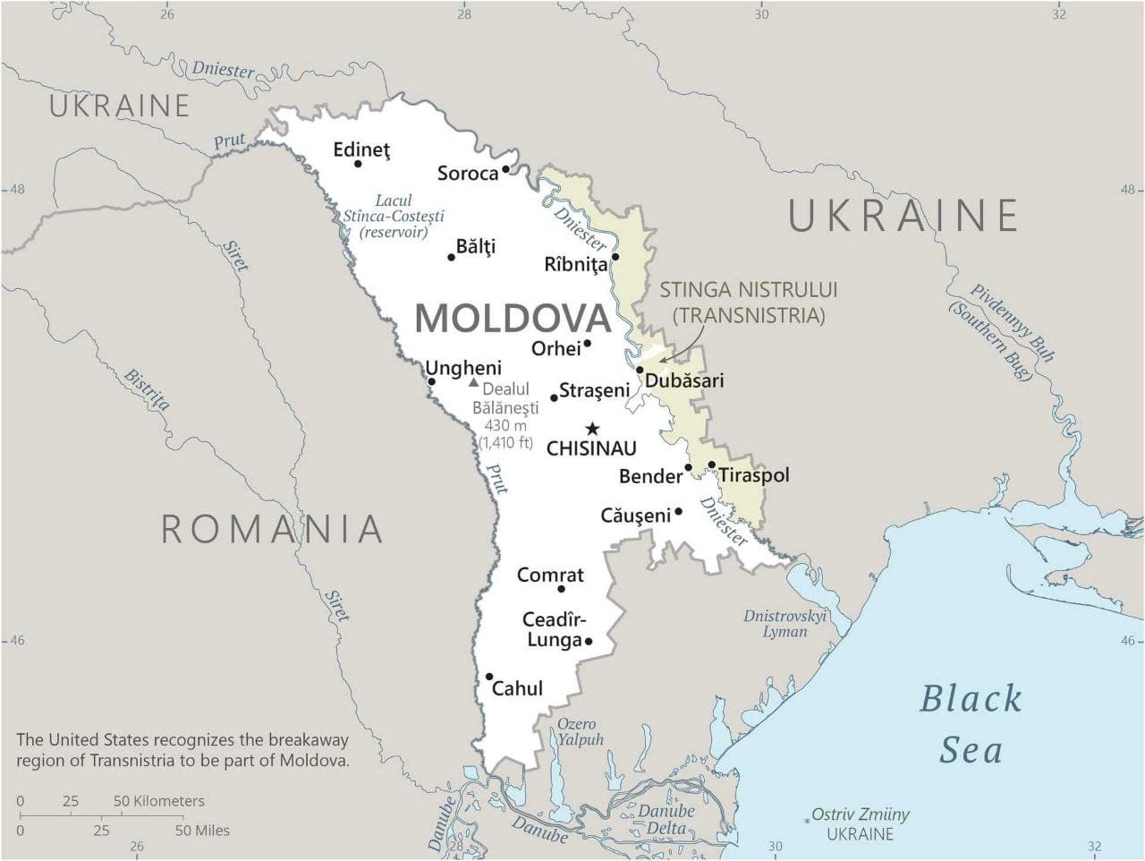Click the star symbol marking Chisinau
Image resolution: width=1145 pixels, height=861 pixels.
tap(592, 429)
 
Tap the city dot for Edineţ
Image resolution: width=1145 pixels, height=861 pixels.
tap(358, 163)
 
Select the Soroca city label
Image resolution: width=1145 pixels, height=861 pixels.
tap(467, 174)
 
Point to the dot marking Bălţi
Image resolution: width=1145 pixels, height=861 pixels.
tap(451, 258)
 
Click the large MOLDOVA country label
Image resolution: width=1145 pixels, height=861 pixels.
tap(513, 318)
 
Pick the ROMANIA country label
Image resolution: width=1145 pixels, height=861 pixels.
tap(272, 529)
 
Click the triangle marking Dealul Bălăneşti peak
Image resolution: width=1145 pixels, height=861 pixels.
tap(473, 382)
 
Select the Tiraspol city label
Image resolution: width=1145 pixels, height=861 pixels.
tap(754, 474)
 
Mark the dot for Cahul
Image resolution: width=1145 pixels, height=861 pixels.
tap(489, 677)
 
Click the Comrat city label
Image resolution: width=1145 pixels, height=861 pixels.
tap(550, 575)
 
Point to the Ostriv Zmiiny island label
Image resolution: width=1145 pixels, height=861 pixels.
tap(860, 814)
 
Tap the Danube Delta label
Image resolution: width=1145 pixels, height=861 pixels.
tap(666, 819)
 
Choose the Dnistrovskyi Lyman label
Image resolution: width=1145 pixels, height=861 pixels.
tap(785, 623)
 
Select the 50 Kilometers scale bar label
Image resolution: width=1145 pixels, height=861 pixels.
tap(159, 801)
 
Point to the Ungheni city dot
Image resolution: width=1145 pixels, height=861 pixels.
tap(431, 381)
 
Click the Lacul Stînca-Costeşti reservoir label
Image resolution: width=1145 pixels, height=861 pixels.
tap(394, 216)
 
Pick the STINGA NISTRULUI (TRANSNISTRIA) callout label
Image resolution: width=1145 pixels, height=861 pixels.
tap(748, 302)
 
